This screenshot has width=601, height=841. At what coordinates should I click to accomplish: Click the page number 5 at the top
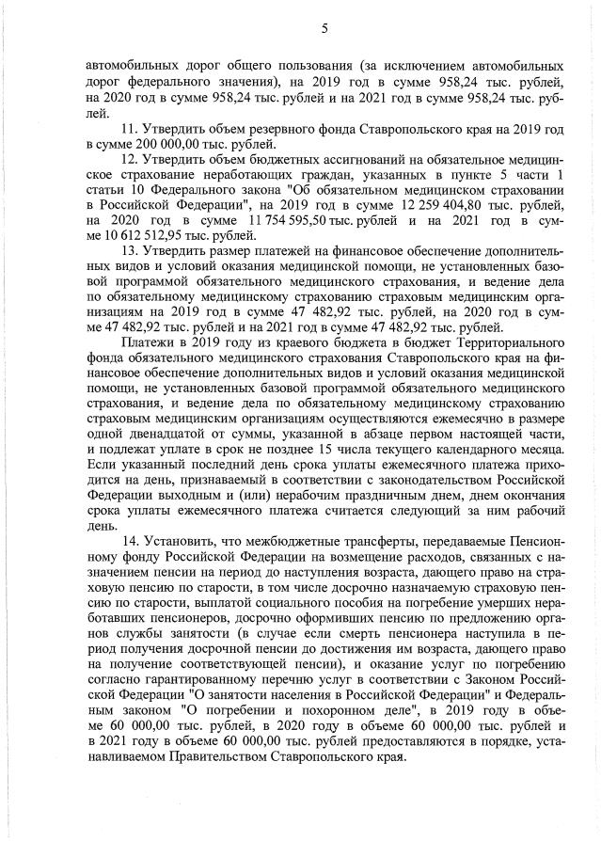click(324, 28)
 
